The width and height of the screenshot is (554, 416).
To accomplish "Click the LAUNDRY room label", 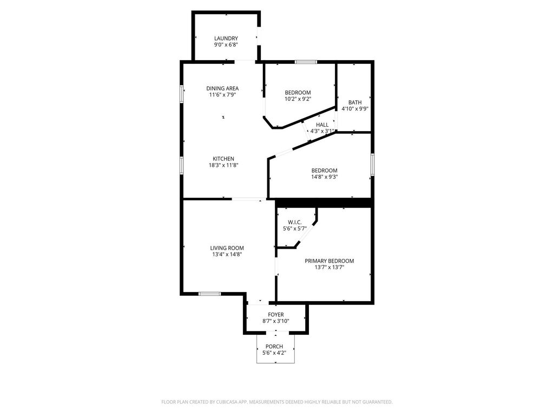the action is pos(226,38).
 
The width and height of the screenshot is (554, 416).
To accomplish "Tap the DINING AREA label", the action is pos(222,88).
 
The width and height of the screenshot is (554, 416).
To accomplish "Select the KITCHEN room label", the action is pos(223,159).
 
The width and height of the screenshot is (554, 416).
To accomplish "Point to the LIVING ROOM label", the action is pos(227,248).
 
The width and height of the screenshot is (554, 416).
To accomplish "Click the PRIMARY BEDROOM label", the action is pos(329,261).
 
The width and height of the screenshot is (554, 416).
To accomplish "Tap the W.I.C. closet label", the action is pos(295,222).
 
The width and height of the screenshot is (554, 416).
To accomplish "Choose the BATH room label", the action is pos(355,102).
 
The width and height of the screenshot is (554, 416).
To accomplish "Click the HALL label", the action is pos(322,125).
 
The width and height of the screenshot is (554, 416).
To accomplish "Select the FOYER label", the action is pos(275,315).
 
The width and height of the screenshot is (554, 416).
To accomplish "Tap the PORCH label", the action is pos(274,346).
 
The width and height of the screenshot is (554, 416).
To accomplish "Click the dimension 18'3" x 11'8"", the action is pos(223,165).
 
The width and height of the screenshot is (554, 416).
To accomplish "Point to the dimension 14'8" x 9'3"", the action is pos(325,177).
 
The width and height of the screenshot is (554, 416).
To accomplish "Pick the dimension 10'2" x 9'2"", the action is pos(298,99).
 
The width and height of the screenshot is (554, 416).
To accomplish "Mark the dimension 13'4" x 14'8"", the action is pos(227,255).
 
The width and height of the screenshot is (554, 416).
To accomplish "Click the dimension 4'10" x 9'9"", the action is pos(355,109).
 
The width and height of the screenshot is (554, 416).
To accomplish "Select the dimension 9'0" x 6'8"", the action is pos(226,44).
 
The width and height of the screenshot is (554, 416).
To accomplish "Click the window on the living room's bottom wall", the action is pos(209,294).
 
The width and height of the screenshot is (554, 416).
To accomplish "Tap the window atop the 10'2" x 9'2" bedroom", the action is pos(306,62).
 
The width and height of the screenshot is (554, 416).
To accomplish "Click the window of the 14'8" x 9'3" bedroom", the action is pos(372,165).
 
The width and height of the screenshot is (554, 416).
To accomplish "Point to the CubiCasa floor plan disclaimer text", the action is pos(276,402).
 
